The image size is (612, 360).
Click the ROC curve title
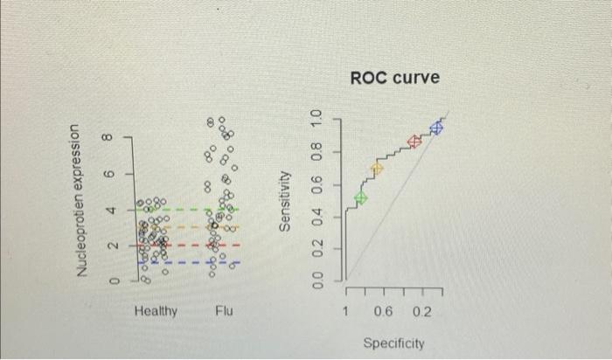[394, 79]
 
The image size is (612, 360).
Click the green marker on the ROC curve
[360, 198]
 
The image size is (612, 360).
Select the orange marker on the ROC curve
[378, 169]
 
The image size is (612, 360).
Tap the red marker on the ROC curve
[414, 141]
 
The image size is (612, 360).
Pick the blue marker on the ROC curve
[437, 128]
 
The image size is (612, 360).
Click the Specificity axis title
[393, 343]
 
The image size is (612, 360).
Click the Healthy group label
[156, 311]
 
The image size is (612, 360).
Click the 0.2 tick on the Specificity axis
[421, 312]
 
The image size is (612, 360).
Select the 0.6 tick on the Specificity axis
[383, 312]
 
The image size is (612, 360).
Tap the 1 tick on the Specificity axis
[346, 312]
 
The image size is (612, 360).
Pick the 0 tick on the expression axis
[113, 280]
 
